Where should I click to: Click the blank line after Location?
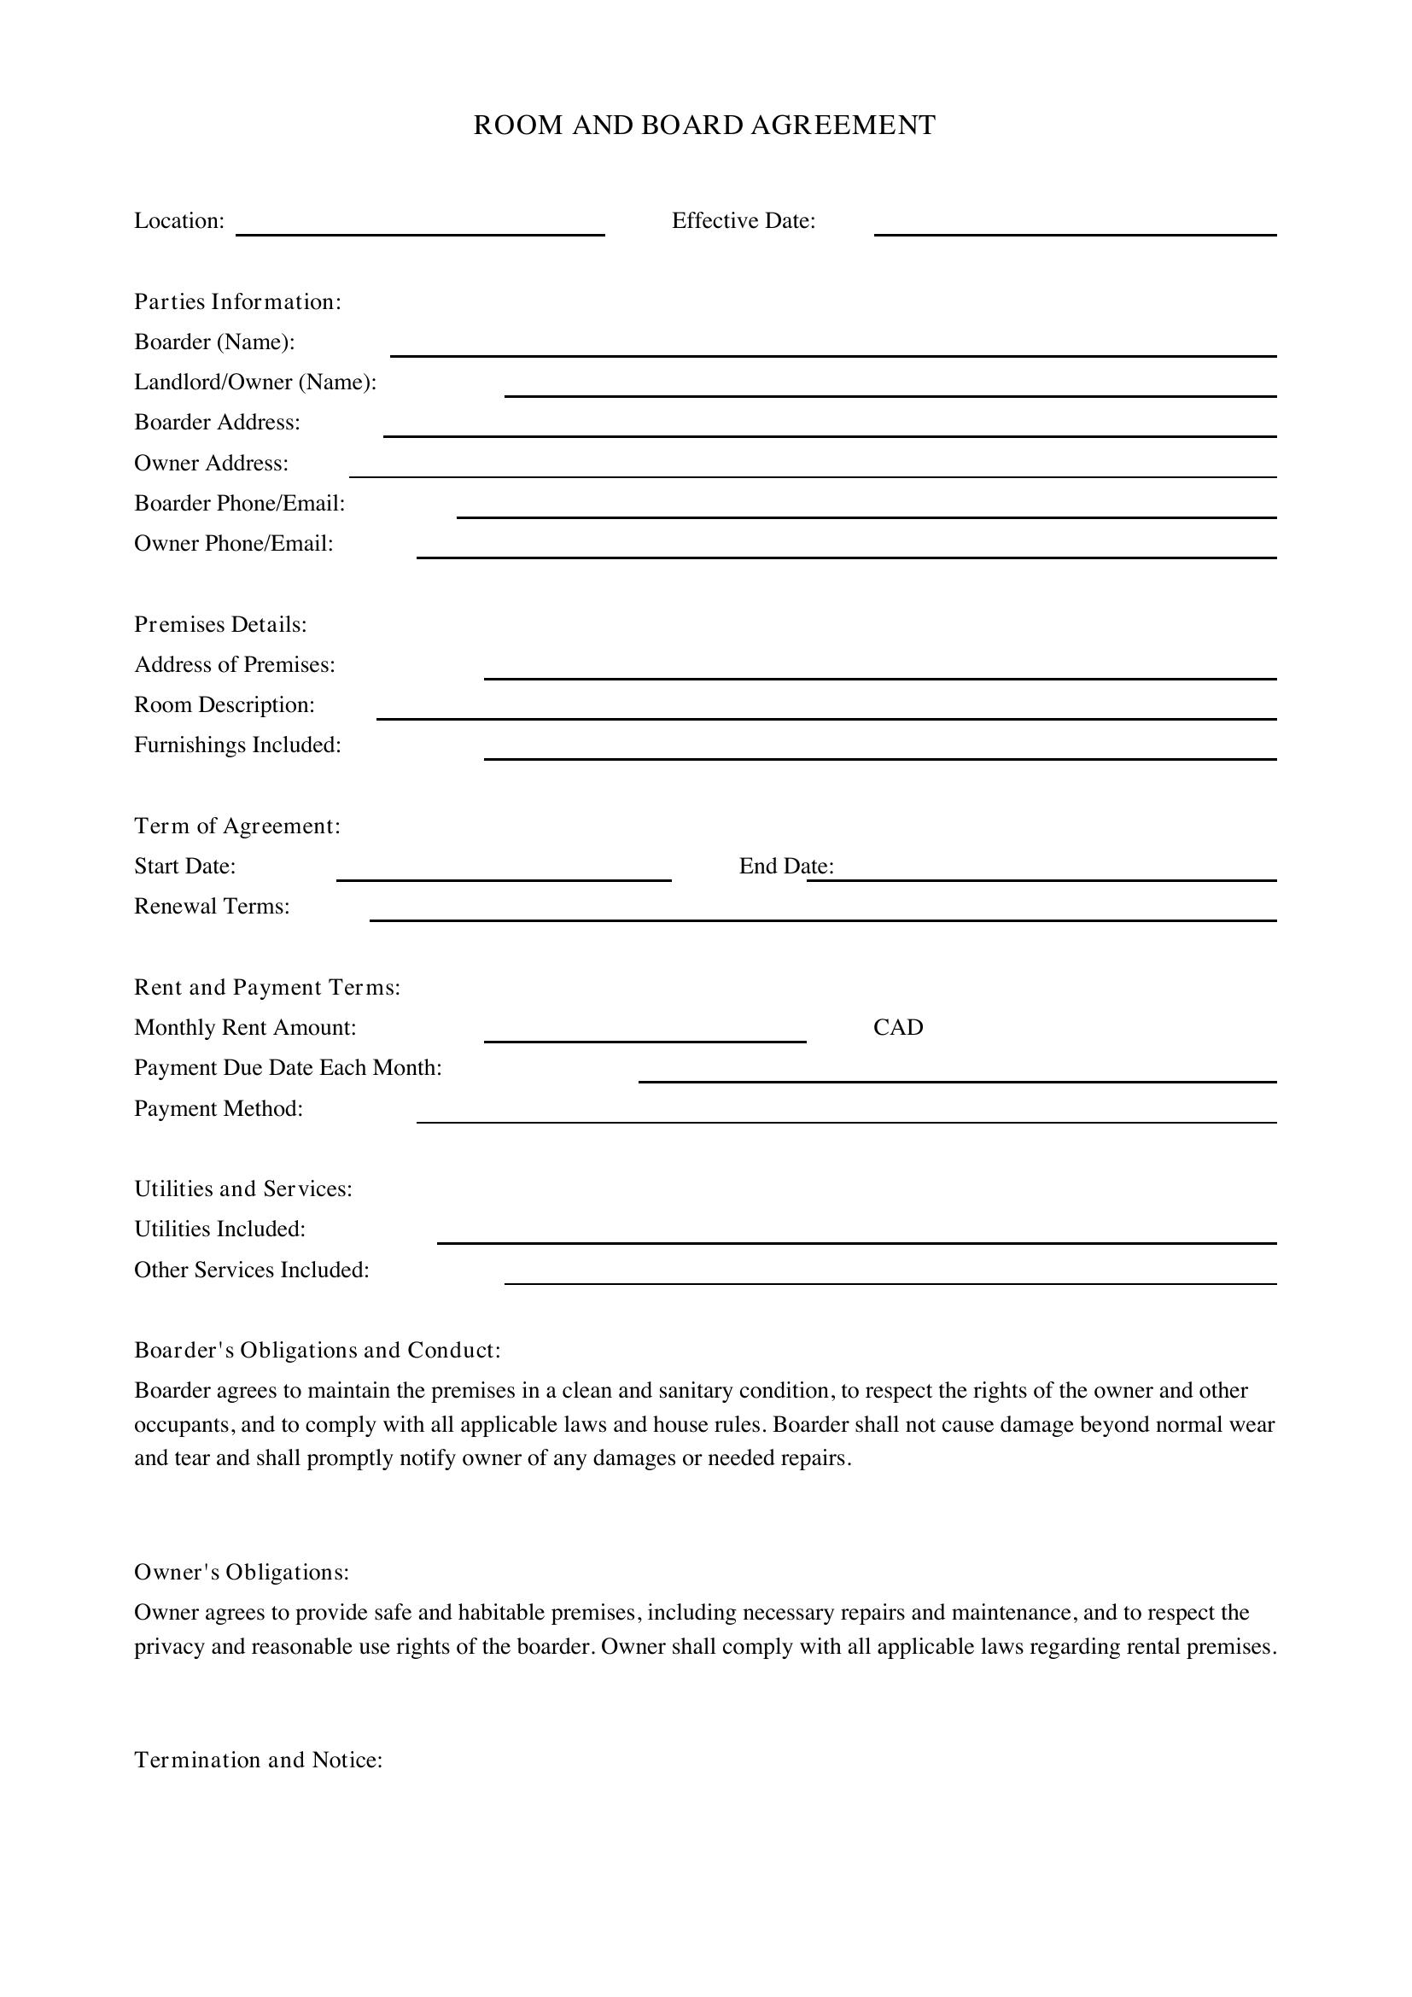pyautogui.click(x=420, y=232)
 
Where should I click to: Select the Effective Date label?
pyautogui.click(x=744, y=221)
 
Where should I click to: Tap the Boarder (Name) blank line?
pyautogui.click(x=832, y=354)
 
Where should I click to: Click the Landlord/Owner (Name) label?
pyautogui.click(x=254, y=382)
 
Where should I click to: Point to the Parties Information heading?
pyautogui.click(x=237, y=301)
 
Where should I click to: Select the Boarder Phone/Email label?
pyautogui.click(x=239, y=504)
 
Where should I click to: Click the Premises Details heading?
pyautogui.click(x=220, y=624)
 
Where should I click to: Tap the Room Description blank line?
pyautogui.click(x=826, y=717)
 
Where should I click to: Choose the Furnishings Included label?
pyautogui.click(x=237, y=745)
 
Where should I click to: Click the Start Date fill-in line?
pyautogui.click(x=504, y=879)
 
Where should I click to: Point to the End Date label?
pyautogui.click(x=785, y=867)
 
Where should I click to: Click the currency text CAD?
pyautogui.click(x=897, y=1028)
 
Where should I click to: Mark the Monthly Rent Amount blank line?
pyautogui.click(x=645, y=1040)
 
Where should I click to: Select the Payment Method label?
pyautogui.click(x=219, y=1109)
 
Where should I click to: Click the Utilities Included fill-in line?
pyautogui.click(x=855, y=1242)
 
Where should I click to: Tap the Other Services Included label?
pyautogui.click(x=251, y=1270)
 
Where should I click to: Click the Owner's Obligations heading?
pyautogui.click(x=241, y=1573)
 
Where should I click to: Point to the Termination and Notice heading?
pyautogui.click(x=258, y=1761)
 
